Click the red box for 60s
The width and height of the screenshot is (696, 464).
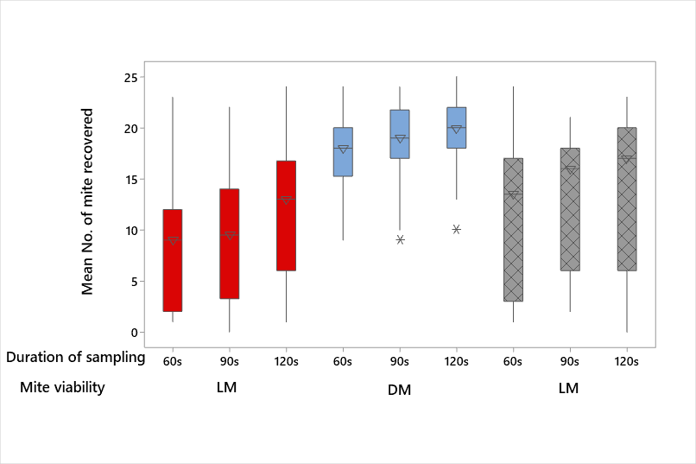coord(173,260)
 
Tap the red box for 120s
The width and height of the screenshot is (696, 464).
coord(286,216)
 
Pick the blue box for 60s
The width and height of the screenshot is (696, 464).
coord(343,152)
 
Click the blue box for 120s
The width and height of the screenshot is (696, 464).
coord(456,128)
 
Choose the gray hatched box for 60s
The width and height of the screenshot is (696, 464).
coord(513,230)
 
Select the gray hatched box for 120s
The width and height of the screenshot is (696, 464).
coord(626,200)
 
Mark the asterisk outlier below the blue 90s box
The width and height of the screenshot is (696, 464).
coord(400,239)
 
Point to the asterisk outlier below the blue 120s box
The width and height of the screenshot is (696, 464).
coord(456,229)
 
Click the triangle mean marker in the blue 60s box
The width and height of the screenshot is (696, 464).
coord(343,149)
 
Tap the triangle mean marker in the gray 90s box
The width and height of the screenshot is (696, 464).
coord(570,169)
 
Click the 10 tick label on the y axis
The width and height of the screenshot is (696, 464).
coord(132,231)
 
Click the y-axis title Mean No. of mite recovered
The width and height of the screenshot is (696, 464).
coord(87,201)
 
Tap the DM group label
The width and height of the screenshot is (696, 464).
coord(399,391)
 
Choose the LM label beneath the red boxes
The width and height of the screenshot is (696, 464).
coord(226,388)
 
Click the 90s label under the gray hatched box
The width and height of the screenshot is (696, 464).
coord(570,361)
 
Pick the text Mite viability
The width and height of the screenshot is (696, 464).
coord(62,387)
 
